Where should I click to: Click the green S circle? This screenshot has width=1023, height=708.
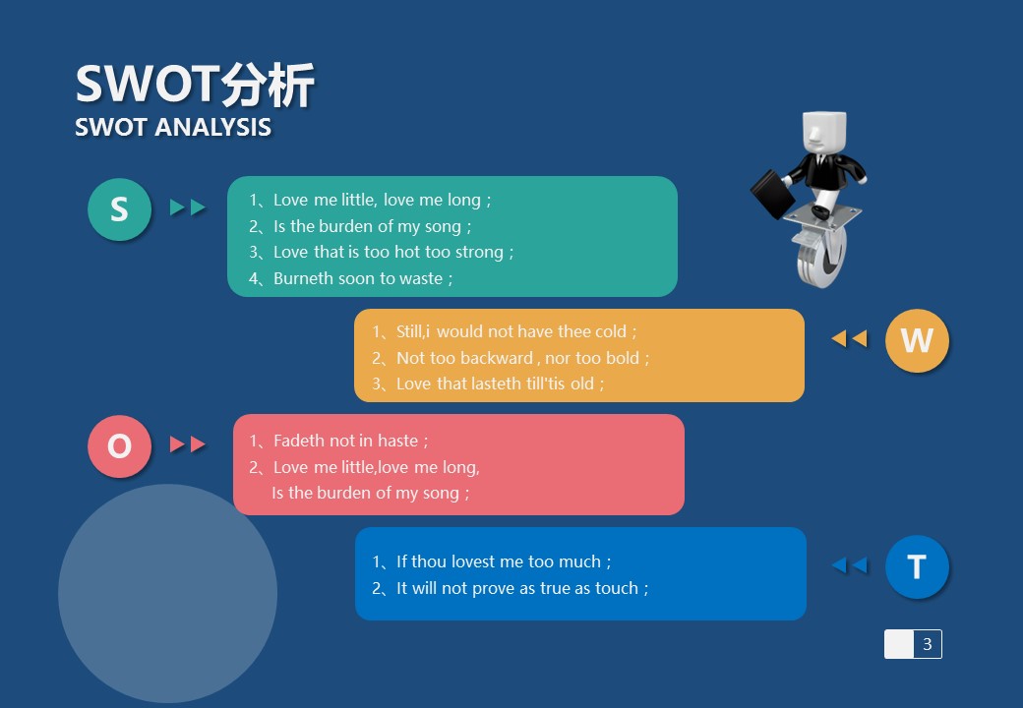tap(119, 209)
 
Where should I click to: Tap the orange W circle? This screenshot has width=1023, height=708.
tap(917, 340)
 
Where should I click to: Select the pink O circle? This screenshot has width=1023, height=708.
tap(119, 446)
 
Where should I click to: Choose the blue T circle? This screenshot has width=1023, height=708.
tap(917, 566)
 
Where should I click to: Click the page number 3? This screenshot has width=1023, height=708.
tap(927, 644)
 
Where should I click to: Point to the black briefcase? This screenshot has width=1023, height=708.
tap(772, 194)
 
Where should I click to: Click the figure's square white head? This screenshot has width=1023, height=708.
tap(823, 133)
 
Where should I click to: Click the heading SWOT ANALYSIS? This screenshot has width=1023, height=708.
tap(173, 127)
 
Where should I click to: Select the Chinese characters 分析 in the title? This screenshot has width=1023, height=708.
tap(268, 85)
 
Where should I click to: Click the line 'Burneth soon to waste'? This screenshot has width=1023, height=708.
tap(351, 278)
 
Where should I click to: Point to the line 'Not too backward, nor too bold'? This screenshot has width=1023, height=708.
tap(511, 358)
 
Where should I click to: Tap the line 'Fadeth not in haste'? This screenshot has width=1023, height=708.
tap(338, 441)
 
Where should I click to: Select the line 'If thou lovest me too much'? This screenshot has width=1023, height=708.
tap(491, 561)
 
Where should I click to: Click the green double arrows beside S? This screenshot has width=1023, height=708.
tap(188, 207)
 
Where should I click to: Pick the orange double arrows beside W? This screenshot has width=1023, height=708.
tap(850, 338)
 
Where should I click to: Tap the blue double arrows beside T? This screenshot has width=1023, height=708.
tap(850, 565)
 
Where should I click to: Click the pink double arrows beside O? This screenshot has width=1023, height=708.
tap(188, 443)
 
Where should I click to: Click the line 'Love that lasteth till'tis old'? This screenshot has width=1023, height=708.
tap(488, 383)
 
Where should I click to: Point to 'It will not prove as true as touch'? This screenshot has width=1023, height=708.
tap(511, 588)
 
